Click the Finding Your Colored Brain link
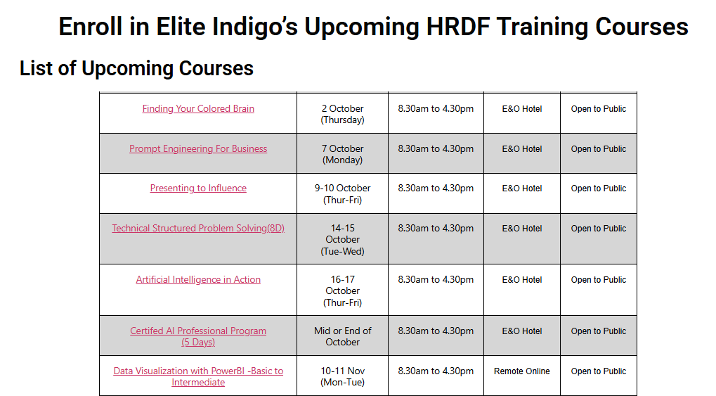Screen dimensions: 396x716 point(198,109)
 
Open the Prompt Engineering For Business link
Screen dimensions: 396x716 point(198,149)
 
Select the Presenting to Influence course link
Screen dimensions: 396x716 point(198,189)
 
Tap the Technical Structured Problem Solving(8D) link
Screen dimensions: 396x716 point(198,229)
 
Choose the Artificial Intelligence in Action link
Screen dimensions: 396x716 point(198,280)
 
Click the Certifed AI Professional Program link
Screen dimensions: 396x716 point(198,331)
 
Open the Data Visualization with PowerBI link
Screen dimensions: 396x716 point(198,371)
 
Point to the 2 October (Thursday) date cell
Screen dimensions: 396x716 point(342,114)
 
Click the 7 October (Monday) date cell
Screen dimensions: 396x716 point(342,154)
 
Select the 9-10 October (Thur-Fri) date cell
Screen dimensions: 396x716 point(342,193)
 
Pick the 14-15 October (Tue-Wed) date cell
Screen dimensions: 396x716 point(342,239)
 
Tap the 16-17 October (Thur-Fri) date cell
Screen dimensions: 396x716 point(342,290)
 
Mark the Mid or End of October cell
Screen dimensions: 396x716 point(342,336)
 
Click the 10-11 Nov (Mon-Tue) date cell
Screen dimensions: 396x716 point(342,376)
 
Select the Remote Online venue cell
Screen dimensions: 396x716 point(522,371)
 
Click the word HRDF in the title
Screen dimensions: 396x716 point(458,27)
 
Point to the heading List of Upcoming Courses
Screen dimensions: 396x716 point(136,68)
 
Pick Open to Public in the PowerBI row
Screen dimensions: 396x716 point(599,371)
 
